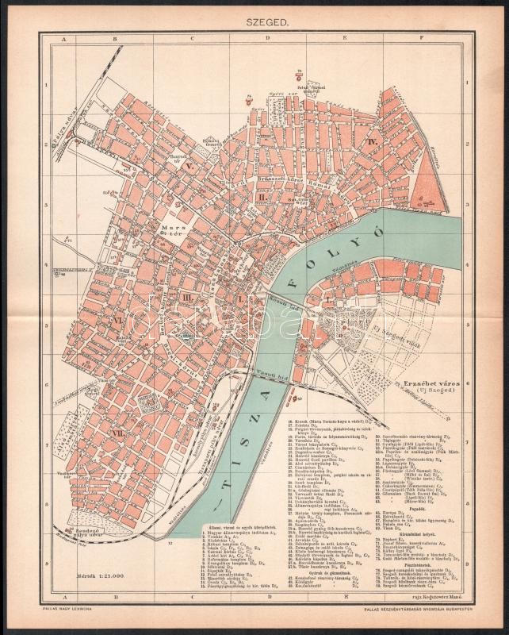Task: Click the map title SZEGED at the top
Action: [x=254, y=25]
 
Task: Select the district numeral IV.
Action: [x=370, y=140]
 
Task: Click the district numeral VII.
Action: [x=118, y=434]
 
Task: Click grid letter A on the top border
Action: [x=69, y=37]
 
